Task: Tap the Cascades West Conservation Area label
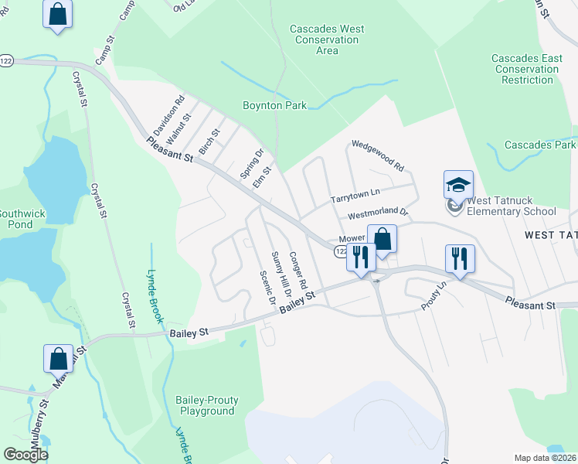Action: [x=327, y=40]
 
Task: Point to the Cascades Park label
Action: [x=539, y=145]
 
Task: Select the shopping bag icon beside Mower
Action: [x=382, y=239]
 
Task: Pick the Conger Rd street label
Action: [x=298, y=268]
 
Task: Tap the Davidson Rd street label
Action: [x=168, y=112]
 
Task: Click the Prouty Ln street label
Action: [x=434, y=296]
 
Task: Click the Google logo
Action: [x=26, y=455]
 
